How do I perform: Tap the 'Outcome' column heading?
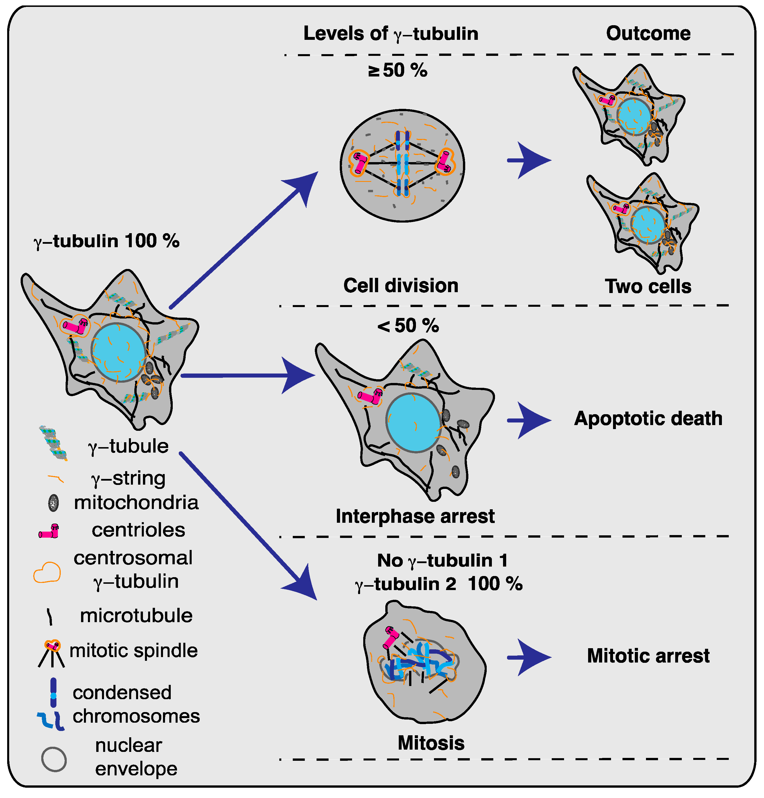(x=648, y=34)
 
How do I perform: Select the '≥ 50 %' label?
(x=398, y=70)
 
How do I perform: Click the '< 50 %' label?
(x=408, y=326)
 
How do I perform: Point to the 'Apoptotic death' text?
(x=648, y=418)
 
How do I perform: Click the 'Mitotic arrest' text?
(x=648, y=656)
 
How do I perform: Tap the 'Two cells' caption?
(x=648, y=286)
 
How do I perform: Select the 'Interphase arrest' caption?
(x=415, y=516)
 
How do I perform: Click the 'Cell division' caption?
(x=401, y=285)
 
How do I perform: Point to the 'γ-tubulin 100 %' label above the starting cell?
(x=107, y=241)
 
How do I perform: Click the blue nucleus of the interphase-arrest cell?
(x=413, y=423)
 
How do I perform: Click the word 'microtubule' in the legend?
(x=136, y=616)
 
